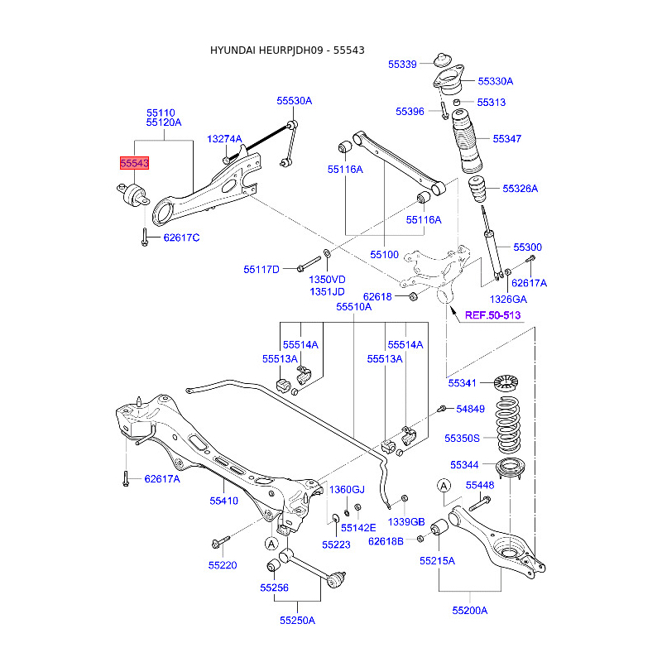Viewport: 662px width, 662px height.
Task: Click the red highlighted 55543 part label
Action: click(134, 163)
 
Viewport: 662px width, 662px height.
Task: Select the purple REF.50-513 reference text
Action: click(492, 315)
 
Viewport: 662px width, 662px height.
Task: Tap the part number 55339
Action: click(402, 65)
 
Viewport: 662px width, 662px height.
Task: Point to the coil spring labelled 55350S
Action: click(508, 425)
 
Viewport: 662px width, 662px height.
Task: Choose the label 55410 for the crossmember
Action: click(223, 501)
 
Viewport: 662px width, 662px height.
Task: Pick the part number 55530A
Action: click(295, 100)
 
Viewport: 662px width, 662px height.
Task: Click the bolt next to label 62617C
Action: click(144, 237)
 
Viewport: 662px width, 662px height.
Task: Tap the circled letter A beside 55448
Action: click(444, 486)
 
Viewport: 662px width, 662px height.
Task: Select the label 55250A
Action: click(297, 620)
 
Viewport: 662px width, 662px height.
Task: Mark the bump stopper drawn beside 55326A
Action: click(477, 189)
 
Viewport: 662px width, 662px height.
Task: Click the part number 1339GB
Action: click(406, 522)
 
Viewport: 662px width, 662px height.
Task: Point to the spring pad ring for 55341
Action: click(506, 382)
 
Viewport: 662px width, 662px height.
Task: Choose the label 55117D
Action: click(261, 270)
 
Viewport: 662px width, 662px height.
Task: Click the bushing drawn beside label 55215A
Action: click(439, 527)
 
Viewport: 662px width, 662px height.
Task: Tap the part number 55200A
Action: click(469, 610)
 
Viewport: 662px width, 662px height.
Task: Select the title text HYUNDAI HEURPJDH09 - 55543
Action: click(287, 50)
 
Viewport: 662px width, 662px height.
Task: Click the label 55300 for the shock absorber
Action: click(527, 247)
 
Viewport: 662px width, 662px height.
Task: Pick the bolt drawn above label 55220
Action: click(221, 542)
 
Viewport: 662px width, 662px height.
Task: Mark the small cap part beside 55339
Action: click(444, 60)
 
